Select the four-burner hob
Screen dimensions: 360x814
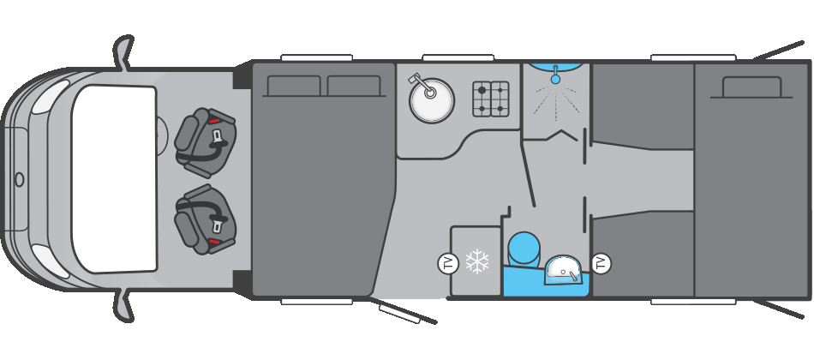pos(491,99)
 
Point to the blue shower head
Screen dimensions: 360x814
pos(555,79)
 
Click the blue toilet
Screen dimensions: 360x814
pos(524,249)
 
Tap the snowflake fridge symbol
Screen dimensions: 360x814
pos(476,261)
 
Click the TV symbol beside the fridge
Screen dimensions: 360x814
pos(447,263)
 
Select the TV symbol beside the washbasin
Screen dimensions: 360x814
pos(602,263)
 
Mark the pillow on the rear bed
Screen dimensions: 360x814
pos(751,87)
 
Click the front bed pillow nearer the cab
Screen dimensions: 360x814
pos(294,86)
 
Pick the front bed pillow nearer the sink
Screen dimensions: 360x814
pos(354,86)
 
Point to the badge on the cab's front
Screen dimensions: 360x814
pos(19,179)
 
